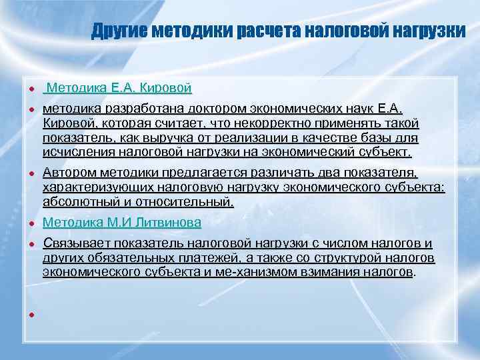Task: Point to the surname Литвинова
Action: [168, 223]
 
